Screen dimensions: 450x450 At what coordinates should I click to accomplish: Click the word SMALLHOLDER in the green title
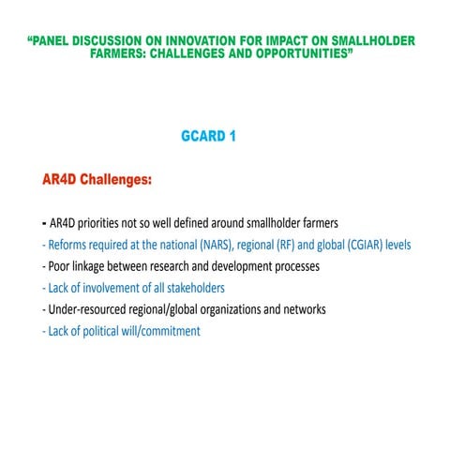tap(369, 42)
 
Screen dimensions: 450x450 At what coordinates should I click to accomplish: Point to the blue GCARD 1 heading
tap(208, 136)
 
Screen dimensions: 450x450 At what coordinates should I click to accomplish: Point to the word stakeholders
tap(191, 288)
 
